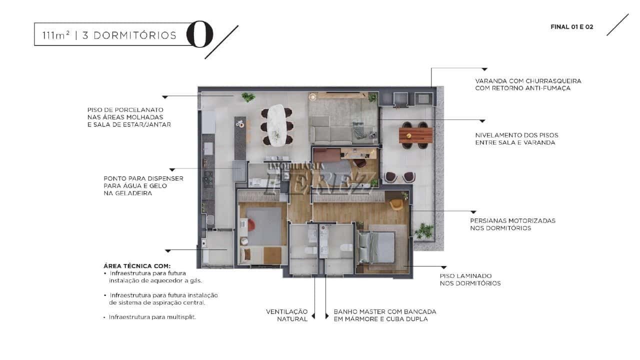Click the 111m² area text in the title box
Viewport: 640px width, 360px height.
[x=56, y=35]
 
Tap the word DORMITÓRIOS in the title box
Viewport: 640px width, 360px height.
[x=135, y=35]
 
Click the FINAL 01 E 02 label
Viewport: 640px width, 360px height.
[x=571, y=27]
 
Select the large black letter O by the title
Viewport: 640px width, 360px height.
[x=199, y=34]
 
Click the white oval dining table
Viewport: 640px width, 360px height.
[x=276, y=125]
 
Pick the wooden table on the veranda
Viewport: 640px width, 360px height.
[x=415, y=135]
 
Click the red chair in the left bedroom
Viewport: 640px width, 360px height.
[x=251, y=224]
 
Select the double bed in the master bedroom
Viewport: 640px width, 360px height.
[x=377, y=247]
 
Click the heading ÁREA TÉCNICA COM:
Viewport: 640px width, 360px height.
[x=137, y=266]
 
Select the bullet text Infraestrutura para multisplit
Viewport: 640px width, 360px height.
[x=152, y=317]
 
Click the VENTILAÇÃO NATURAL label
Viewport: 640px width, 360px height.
[x=287, y=315]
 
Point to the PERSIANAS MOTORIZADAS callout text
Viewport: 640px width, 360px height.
[x=513, y=224]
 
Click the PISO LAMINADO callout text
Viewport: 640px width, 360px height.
[x=470, y=279]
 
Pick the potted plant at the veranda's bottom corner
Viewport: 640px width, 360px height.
[x=424, y=230]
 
